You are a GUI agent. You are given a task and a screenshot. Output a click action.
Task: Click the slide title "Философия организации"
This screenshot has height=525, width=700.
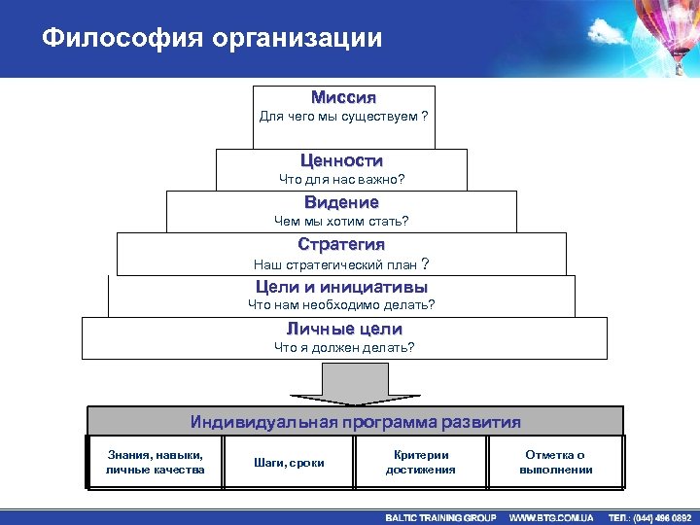coord(212,39)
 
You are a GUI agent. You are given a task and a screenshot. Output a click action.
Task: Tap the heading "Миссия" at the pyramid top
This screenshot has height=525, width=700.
coord(343,98)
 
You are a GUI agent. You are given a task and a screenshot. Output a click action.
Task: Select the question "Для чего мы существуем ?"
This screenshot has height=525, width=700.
coord(343,117)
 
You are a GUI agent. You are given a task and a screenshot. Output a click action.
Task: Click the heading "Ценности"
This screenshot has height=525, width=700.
coord(342,160)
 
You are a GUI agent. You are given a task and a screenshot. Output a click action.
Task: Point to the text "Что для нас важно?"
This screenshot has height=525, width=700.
coord(342,180)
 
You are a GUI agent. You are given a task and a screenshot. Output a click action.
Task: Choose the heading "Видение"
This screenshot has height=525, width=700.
coord(341,202)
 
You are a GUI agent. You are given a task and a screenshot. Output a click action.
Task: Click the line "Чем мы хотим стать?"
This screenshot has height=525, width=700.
coord(341,221)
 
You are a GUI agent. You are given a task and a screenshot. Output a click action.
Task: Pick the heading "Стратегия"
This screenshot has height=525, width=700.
coord(341,244)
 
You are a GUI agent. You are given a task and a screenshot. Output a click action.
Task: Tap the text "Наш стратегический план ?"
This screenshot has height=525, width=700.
coord(341,263)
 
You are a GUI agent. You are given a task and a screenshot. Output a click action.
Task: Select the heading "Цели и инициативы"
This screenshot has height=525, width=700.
coord(341,287)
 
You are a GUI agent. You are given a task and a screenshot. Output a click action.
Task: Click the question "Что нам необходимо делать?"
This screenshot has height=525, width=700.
coord(341,305)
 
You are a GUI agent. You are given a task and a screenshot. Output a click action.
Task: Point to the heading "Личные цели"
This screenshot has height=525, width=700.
coord(343,330)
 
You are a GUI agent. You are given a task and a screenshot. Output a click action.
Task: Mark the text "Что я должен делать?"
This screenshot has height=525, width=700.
coord(343,347)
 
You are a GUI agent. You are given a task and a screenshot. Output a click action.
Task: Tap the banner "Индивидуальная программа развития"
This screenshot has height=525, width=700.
coord(355,422)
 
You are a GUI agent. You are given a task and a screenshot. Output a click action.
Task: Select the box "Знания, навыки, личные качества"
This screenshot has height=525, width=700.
coord(156,462)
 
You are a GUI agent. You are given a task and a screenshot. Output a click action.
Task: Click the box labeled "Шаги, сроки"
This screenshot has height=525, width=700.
coord(289,463)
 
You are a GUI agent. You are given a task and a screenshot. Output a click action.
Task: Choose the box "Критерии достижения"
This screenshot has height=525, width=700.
coord(420,462)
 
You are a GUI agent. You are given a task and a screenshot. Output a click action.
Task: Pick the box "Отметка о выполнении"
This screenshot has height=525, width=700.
coord(555,462)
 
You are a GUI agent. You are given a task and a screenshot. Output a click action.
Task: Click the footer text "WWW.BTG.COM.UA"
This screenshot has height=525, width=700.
coord(551,517)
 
